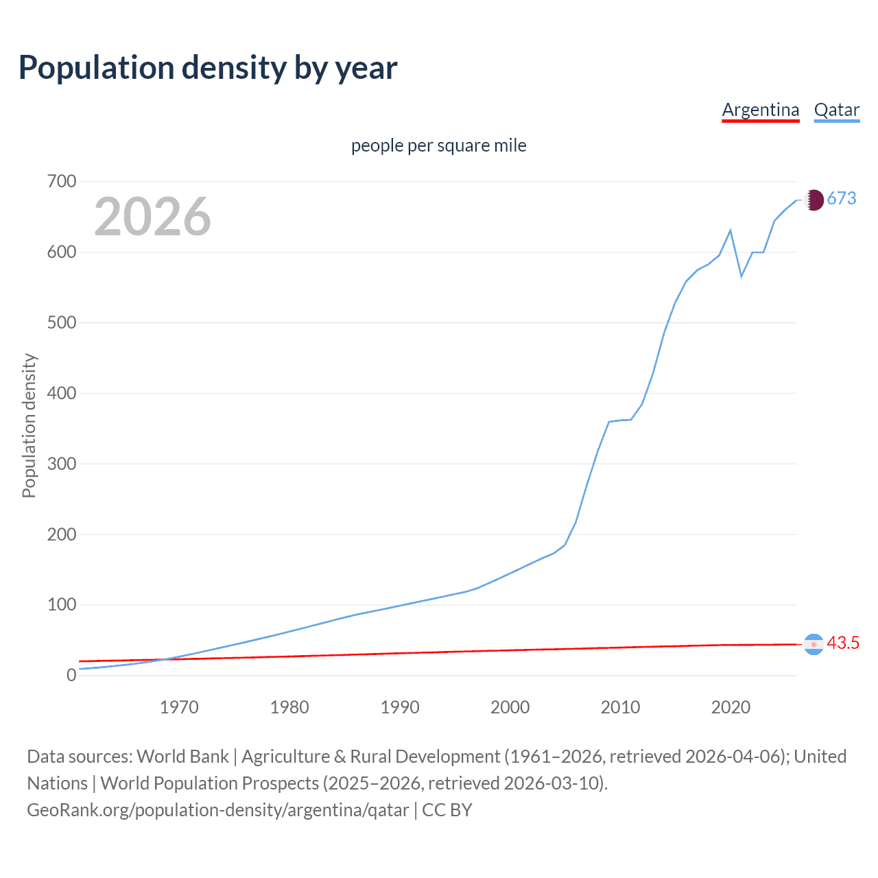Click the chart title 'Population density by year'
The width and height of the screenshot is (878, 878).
point(208,68)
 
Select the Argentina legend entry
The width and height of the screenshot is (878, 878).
point(760,110)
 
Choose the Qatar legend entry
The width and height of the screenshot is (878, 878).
point(836,110)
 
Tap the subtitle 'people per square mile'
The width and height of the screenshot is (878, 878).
point(438,145)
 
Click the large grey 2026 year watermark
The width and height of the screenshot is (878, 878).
point(152,217)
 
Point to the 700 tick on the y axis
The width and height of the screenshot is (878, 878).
point(61,182)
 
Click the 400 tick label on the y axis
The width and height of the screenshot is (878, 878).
point(61,394)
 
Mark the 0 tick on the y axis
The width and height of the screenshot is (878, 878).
point(71,676)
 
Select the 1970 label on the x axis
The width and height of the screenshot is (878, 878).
point(179,707)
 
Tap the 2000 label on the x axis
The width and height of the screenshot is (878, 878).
point(510,707)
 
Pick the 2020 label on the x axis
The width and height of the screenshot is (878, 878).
point(731,707)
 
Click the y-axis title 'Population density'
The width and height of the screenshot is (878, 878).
point(29,425)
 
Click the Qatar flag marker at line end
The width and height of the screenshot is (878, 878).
point(814,200)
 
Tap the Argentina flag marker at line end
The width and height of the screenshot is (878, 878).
point(814,644)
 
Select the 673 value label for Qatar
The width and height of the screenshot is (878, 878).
point(842,199)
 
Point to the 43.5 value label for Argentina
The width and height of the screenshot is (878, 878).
point(843,643)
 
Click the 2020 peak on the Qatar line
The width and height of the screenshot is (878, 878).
point(731,230)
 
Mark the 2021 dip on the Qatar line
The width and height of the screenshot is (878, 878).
point(741,276)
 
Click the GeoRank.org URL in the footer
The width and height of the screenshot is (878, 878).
point(217,810)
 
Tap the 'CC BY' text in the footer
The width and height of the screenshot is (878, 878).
point(447,810)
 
